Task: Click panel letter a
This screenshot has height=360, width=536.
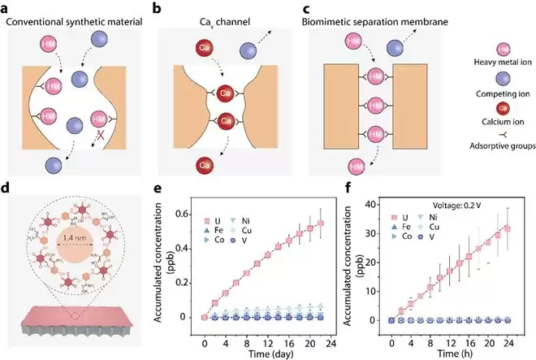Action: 6,7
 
